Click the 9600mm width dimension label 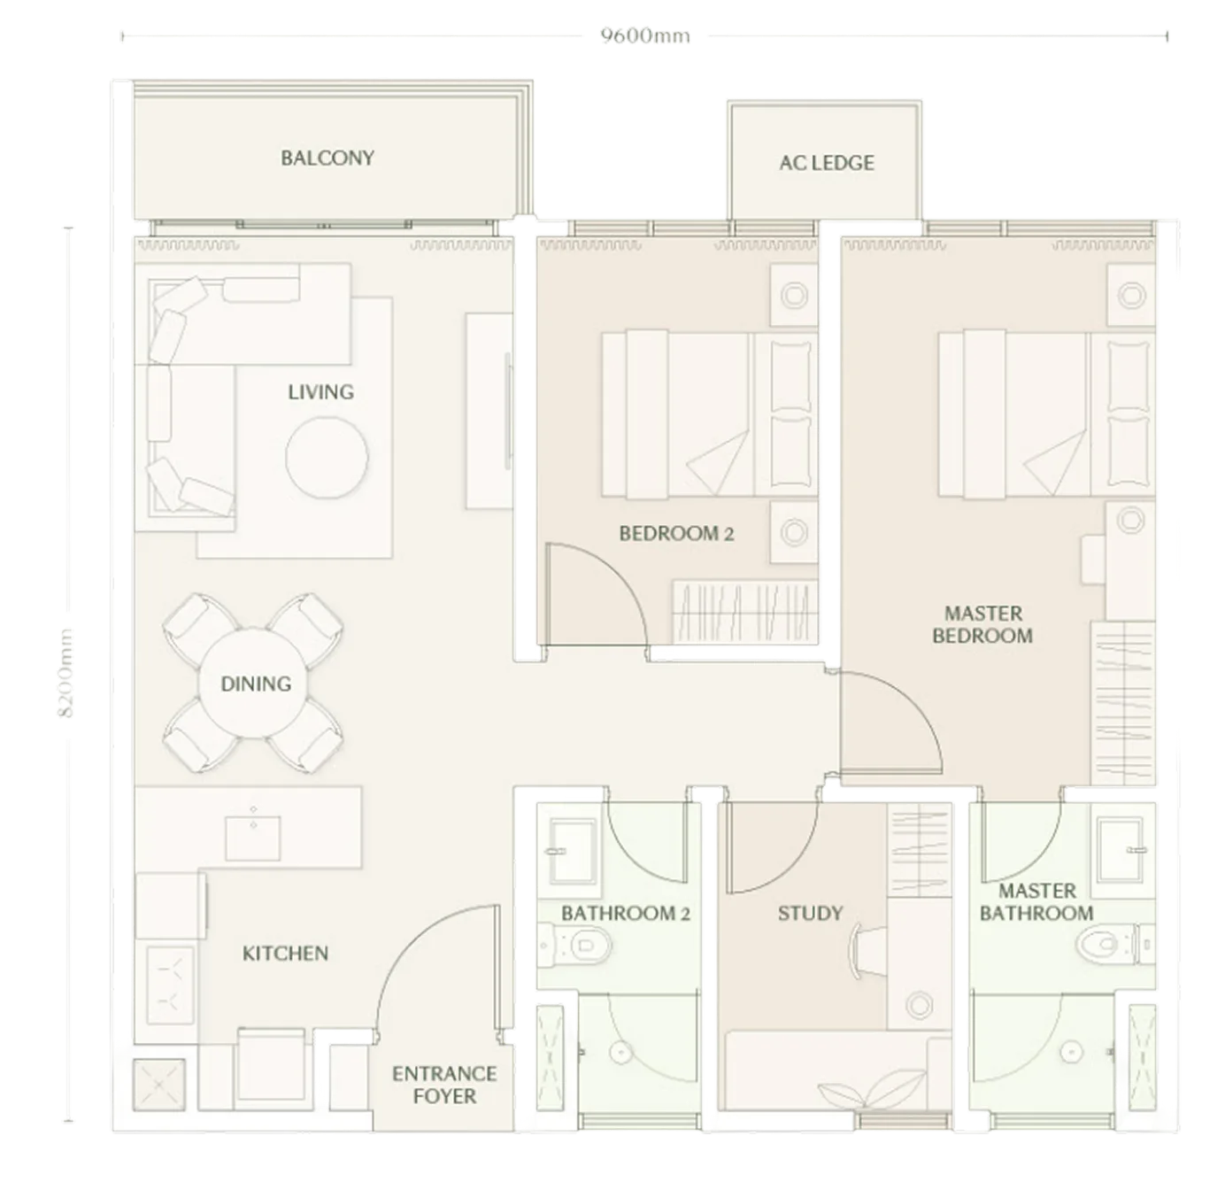tap(645, 36)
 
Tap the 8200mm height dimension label tap(65, 673)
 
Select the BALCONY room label tap(327, 158)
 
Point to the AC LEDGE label tap(827, 163)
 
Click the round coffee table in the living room tap(327, 458)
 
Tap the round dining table tap(253, 684)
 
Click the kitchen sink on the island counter tap(253, 838)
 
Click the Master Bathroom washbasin tap(1121, 850)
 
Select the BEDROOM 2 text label tap(677, 534)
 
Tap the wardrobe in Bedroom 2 tap(745, 612)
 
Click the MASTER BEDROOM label tap(982, 625)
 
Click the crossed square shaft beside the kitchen tap(158, 1085)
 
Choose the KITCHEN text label tap(285, 954)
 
